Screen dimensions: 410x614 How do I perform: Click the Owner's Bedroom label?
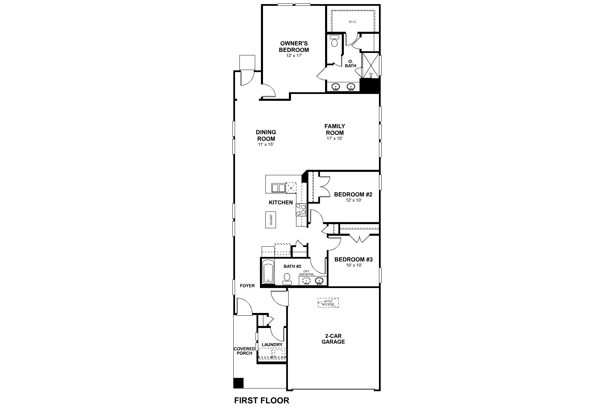pyautogui.click(x=294, y=46)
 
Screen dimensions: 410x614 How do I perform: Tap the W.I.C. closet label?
pyautogui.click(x=352, y=22)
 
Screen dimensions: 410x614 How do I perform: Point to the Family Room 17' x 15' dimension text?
pyautogui.click(x=334, y=139)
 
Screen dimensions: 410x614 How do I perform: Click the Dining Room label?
pyautogui.click(x=266, y=135)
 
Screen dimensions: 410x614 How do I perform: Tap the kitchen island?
pyautogui.click(x=271, y=220)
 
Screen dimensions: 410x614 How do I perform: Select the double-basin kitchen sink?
pyautogui.click(x=278, y=188)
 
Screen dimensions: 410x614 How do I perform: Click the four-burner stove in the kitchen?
pyautogui.click(x=301, y=209)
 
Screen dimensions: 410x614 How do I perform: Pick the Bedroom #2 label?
pyautogui.click(x=353, y=194)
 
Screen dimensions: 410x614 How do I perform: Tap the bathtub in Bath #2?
pyautogui.click(x=268, y=272)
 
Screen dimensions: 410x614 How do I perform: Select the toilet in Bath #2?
pyautogui.click(x=287, y=278)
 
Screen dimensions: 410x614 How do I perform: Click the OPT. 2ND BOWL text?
pyautogui.click(x=306, y=273)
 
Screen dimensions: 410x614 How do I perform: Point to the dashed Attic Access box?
pyautogui.click(x=328, y=303)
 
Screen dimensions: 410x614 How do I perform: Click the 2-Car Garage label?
pyautogui.click(x=333, y=339)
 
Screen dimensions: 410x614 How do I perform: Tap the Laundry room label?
pyautogui.click(x=272, y=345)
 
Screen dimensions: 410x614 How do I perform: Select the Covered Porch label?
pyautogui.click(x=244, y=351)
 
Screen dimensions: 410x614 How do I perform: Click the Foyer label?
pyautogui.click(x=247, y=286)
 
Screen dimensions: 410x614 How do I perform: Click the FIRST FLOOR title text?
pyautogui.click(x=262, y=400)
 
